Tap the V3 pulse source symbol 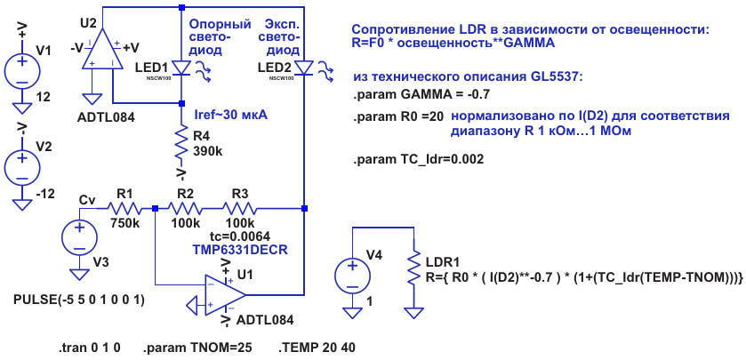click(x=78, y=237)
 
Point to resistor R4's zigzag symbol click(x=180, y=138)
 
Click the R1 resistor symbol click(x=125, y=208)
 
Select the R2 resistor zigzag click(x=185, y=208)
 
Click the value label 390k click(x=208, y=151)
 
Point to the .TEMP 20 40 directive click(x=317, y=346)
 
